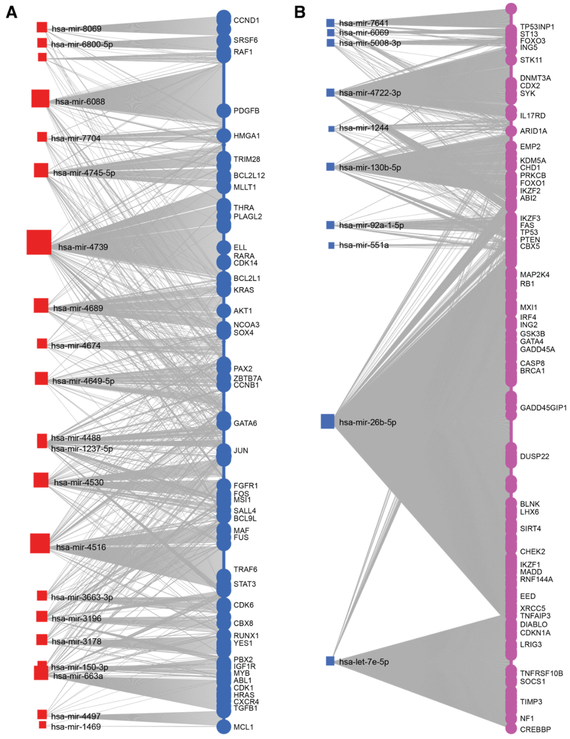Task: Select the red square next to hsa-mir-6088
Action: (x=40, y=99)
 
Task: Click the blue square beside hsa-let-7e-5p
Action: (x=330, y=661)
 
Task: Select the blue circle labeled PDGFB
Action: (x=224, y=111)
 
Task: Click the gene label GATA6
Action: (x=245, y=423)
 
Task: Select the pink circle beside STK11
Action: (x=511, y=60)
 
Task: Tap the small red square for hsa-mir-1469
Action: (x=42, y=725)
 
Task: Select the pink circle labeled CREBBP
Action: (x=511, y=728)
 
